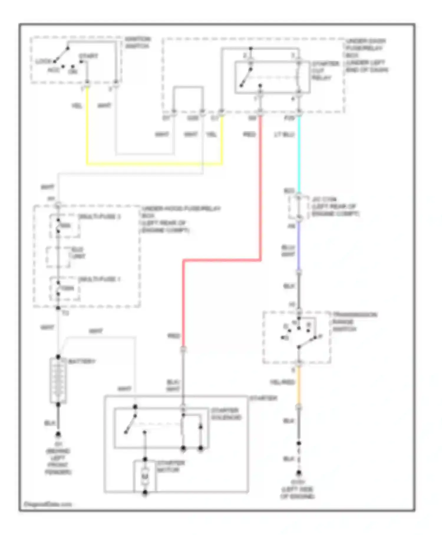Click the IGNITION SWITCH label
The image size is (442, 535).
[137, 42]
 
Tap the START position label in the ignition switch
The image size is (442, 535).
[88, 56]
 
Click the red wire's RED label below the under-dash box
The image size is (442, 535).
[249, 134]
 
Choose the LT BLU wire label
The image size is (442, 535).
[284, 134]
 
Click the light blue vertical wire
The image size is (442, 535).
[299, 153]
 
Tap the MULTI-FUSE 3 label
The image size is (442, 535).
[99, 217]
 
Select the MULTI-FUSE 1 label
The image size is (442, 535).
[99, 279]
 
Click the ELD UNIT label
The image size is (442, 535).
[78, 253]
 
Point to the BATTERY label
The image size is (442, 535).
[82, 361]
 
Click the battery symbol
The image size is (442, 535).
[58, 380]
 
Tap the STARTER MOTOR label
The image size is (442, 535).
[170, 466]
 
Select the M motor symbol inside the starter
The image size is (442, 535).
[145, 476]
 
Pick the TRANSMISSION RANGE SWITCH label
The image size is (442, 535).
[354, 322]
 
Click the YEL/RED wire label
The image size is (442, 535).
[282, 382]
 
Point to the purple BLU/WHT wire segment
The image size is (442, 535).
[299, 246]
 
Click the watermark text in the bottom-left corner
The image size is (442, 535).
[48, 504]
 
